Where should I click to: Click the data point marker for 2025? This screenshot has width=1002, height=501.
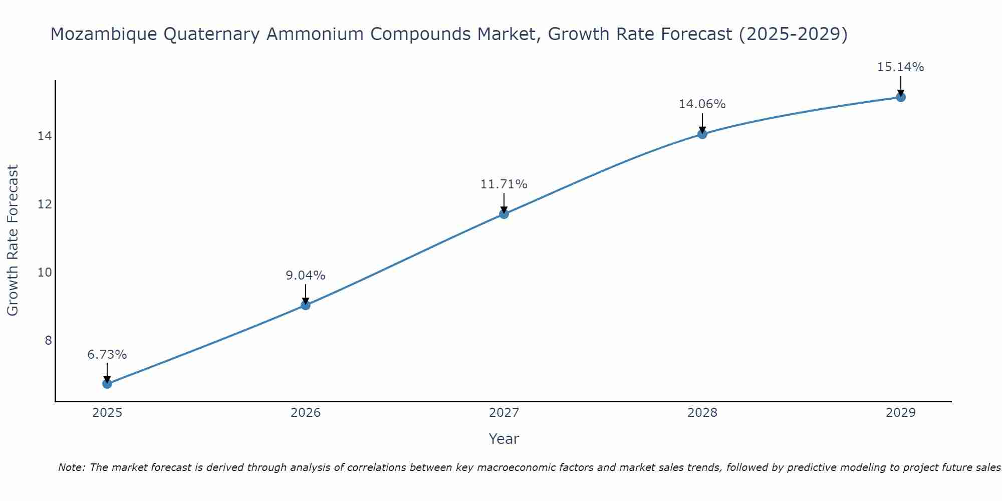107,384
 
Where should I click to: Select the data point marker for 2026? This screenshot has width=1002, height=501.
306,305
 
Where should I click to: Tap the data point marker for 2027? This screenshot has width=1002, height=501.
504,214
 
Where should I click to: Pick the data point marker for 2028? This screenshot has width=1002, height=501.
702,134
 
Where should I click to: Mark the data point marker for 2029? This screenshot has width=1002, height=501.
901,97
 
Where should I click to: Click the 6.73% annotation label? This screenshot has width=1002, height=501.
107,355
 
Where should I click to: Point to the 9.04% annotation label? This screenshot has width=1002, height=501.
306,276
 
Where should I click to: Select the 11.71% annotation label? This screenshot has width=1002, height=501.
504,184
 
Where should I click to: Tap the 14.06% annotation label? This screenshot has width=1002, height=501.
702,104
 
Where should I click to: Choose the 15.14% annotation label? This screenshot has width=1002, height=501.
901,67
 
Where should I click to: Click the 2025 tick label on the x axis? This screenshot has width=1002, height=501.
107,413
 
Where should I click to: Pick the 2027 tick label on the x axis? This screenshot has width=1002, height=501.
504,413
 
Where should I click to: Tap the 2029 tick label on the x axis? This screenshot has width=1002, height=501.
901,413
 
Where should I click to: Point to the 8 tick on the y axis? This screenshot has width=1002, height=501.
48,341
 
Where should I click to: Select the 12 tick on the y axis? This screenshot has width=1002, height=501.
45,204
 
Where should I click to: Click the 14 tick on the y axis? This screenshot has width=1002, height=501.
45,136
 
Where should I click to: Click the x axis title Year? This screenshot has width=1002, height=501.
504,439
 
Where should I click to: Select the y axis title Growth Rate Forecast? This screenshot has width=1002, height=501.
13,240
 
